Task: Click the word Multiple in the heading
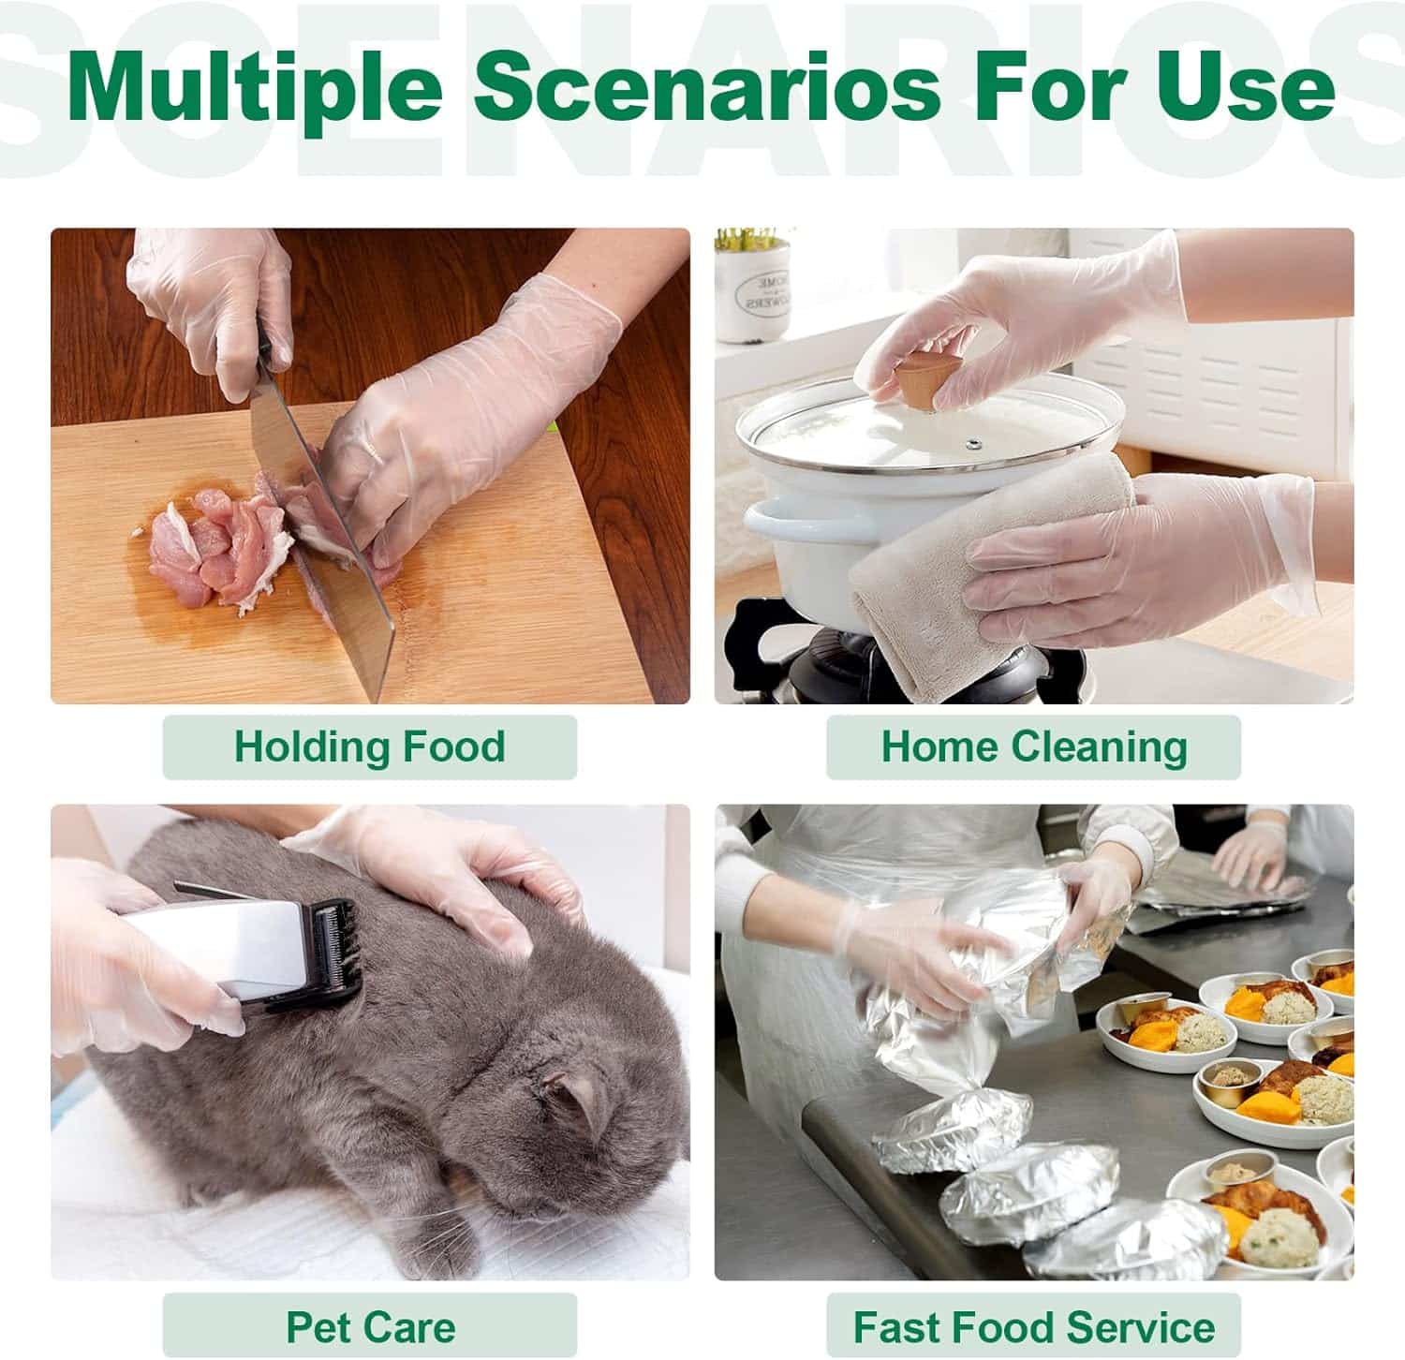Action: [254, 90]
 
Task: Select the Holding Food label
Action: [370, 747]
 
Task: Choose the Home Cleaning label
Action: [1034, 747]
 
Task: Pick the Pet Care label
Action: [370, 1326]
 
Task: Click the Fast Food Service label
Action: [1034, 1326]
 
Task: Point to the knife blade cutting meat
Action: [328, 534]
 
